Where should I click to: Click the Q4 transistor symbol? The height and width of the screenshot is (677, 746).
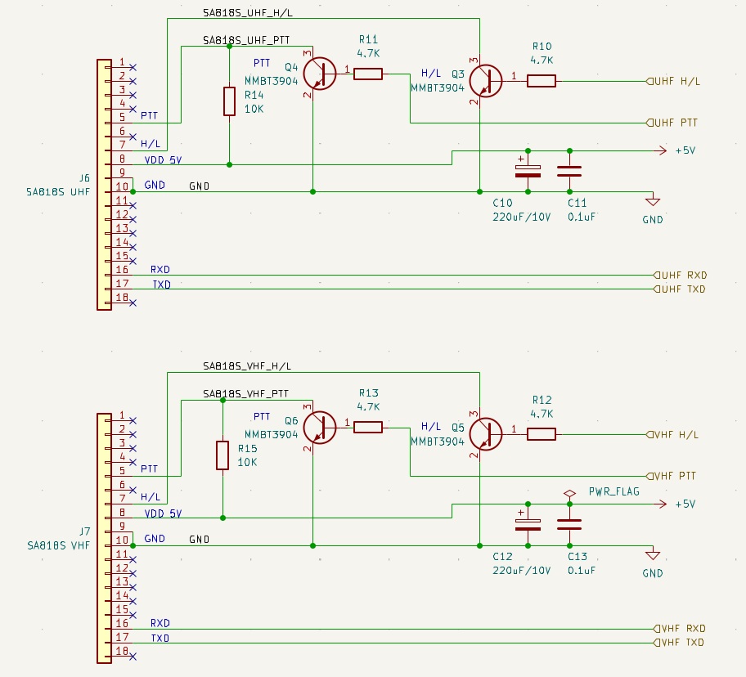tap(320, 74)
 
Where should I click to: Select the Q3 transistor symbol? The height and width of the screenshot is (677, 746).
tap(485, 81)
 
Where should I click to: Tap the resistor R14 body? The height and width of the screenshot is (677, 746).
tap(229, 101)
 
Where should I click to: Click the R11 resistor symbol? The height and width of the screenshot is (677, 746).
tap(368, 74)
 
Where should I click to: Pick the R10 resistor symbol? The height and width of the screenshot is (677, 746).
tap(542, 81)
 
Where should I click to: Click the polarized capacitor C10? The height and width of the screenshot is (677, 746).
tap(528, 171)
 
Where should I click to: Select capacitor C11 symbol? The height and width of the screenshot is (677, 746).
tap(569, 171)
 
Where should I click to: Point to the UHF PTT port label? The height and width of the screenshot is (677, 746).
tap(672, 123)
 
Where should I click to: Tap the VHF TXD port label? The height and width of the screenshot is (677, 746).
tap(679, 643)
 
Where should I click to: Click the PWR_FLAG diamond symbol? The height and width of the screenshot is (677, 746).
tap(569, 494)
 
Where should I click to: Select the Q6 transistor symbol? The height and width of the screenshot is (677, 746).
tap(320, 428)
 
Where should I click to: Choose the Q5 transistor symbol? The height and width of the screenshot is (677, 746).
tap(485, 434)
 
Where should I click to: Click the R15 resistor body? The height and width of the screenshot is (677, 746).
tap(222, 455)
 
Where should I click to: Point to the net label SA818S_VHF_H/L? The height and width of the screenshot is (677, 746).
tap(247, 366)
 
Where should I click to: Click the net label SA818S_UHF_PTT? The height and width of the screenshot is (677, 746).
tap(246, 40)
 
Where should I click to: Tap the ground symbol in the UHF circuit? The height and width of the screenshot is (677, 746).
tap(652, 201)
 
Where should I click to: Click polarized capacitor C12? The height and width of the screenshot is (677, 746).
tap(528, 525)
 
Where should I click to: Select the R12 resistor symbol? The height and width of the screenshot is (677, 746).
tap(542, 434)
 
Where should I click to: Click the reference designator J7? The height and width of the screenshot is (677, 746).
tap(84, 531)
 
